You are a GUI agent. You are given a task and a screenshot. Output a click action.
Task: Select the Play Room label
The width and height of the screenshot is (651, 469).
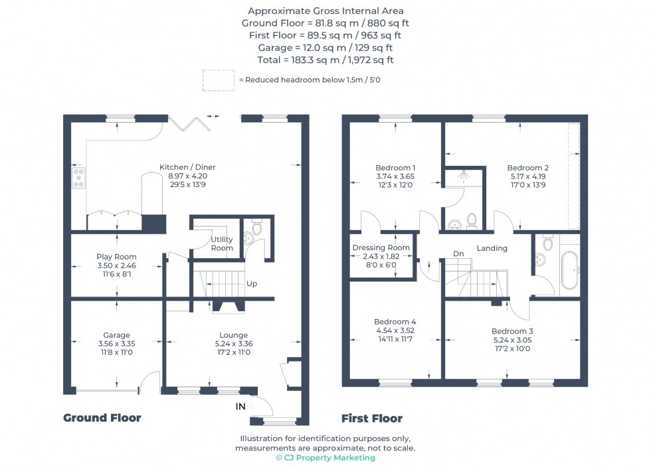click(x=116, y=257)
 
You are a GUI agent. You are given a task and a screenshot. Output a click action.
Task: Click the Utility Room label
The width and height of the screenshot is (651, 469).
click(x=222, y=243)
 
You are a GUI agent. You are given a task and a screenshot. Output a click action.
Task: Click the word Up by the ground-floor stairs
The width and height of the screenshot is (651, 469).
click(x=252, y=284)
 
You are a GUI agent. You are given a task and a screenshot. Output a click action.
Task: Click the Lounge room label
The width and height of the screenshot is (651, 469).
click(x=233, y=335)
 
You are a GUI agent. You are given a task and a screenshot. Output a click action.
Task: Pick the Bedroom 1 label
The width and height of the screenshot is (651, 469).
click(x=395, y=167)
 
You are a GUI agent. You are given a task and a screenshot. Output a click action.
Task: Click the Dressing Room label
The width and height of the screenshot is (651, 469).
click(x=381, y=247)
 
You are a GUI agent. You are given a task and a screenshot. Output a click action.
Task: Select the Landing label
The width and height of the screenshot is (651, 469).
click(x=492, y=248)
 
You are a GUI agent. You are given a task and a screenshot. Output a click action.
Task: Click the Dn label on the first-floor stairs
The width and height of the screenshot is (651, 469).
click(x=458, y=253)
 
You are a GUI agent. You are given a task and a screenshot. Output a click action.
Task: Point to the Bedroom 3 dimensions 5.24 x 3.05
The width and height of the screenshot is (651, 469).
click(x=511, y=340)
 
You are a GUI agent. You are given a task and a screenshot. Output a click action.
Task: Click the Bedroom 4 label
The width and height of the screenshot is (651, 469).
click(x=395, y=322)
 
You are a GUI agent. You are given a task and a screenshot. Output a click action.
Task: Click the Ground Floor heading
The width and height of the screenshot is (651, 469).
click(x=102, y=418)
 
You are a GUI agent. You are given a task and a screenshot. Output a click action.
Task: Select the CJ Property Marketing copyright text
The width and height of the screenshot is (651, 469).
click(x=325, y=458)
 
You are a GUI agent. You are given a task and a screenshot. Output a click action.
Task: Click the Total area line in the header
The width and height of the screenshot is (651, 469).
click(x=325, y=60)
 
